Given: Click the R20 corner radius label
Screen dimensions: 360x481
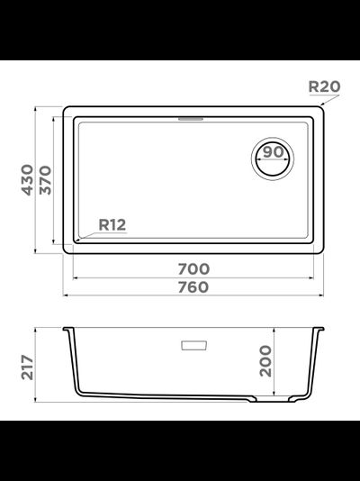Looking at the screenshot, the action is tap(324, 86).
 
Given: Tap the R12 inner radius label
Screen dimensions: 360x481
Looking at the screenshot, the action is tap(112, 225).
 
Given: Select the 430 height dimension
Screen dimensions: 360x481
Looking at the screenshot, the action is tap(27, 180).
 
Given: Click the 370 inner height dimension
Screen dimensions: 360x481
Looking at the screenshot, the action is tap(45, 180).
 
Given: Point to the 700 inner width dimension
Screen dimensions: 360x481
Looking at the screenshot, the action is tap(193, 269).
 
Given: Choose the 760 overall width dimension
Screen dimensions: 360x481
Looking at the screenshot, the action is tap(193, 287).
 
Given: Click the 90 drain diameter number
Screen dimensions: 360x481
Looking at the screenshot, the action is tap(274, 152).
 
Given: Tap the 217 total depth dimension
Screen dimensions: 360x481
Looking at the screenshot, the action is tap(27, 368).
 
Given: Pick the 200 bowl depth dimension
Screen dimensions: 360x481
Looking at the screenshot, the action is tap(265, 361).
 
